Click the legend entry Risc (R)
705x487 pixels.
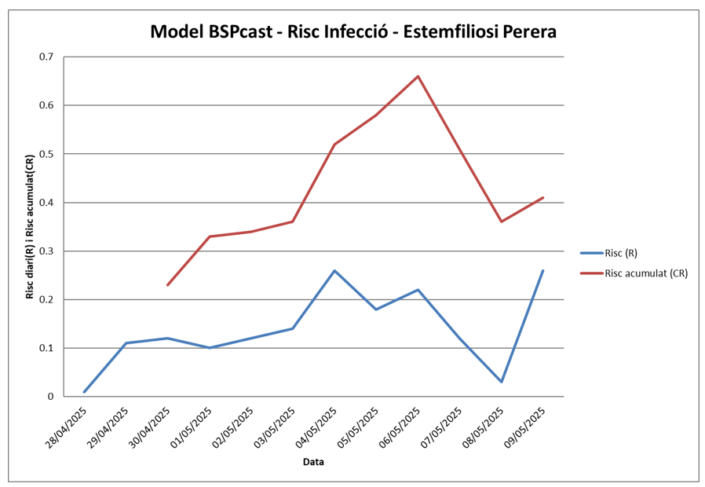tap(620, 253)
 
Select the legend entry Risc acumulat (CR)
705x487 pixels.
tap(645, 273)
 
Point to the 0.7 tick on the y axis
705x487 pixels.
tap(46, 57)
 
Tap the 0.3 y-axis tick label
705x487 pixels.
tap(46, 251)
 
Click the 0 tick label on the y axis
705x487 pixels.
tap(50, 397)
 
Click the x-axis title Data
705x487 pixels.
tap(313, 462)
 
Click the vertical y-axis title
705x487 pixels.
tap(29, 227)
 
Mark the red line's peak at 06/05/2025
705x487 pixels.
tap(418, 76)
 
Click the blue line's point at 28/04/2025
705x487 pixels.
tap(85, 391)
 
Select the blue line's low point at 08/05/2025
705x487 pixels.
tap(502, 382)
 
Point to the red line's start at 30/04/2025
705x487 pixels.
tap(168, 284)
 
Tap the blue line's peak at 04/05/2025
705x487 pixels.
tap(334, 270)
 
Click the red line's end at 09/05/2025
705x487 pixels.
tap(542, 197)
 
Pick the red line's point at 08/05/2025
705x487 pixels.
tap(502, 222)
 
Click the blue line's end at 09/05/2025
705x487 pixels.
tap(542, 270)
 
